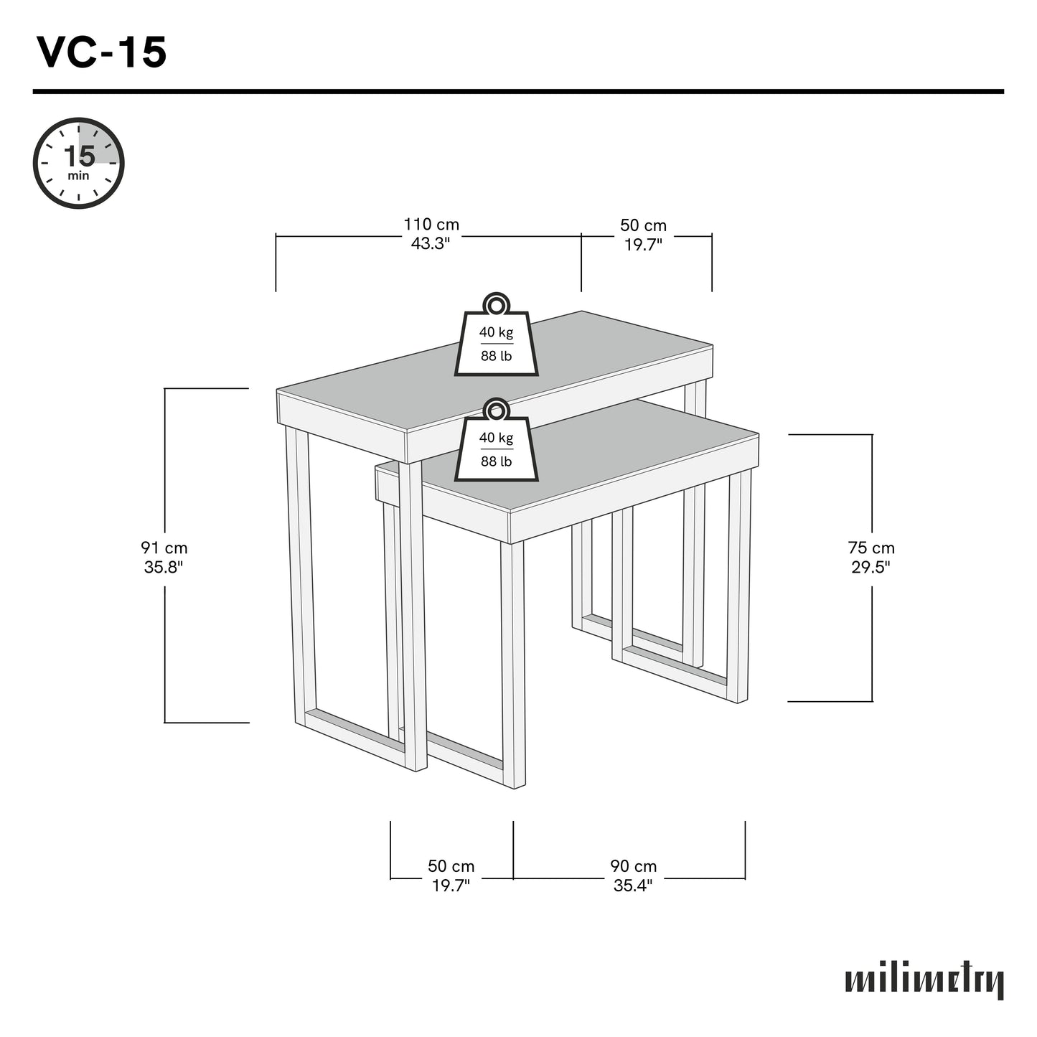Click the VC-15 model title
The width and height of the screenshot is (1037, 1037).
pyautogui.click(x=101, y=52)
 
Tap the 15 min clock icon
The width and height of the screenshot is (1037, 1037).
pyautogui.click(x=79, y=164)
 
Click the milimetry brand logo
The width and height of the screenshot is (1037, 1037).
pyautogui.click(x=924, y=981)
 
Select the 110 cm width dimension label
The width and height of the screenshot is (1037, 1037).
pyautogui.click(x=431, y=225)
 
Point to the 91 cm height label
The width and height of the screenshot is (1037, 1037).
pyautogui.click(x=164, y=548)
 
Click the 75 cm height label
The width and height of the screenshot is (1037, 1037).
pyautogui.click(x=871, y=548)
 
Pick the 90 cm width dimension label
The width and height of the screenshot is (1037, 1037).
pyautogui.click(x=634, y=866)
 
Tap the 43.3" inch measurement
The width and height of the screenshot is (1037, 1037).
pyautogui.click(x=431, y=243)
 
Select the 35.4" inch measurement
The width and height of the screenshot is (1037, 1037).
pyautogui.click(x=632, y=886)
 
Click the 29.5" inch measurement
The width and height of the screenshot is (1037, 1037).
pyautogui.click(x=871, y=567)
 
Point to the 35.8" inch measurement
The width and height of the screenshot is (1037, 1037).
pyautogui.click(x=164, y=567)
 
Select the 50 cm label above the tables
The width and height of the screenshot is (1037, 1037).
pyautogui.click(x=644, y=226)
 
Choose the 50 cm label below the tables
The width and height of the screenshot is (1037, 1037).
pyautogui.click(x=451, y=866)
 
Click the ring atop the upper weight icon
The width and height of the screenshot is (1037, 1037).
pyautogui.click(x=496, y=305)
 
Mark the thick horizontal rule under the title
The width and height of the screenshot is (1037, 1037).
pyautogui.click(x=518, y=92)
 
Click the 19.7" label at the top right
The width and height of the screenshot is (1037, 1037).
pyautogui.click(x=643, y=245)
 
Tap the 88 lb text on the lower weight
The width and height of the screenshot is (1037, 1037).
pyautogui.click(x=496, y=461)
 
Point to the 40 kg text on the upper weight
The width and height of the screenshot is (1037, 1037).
pyautogui.click(x=496, y=332)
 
